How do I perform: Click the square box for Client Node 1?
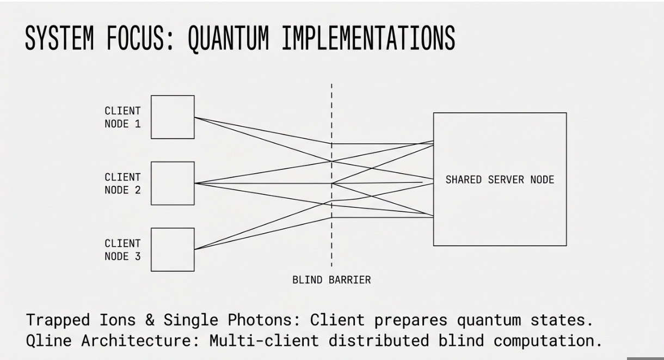coord(173,117)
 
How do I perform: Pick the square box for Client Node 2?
coord(173,183)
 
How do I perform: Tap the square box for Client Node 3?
coord(173,249)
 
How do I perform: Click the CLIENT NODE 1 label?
coord(122,117)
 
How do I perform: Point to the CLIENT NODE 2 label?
coord(122,184)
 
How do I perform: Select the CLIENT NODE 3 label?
coord(122,249)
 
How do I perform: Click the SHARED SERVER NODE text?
coord(500,180)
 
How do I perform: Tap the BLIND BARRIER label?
coord(331,280)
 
